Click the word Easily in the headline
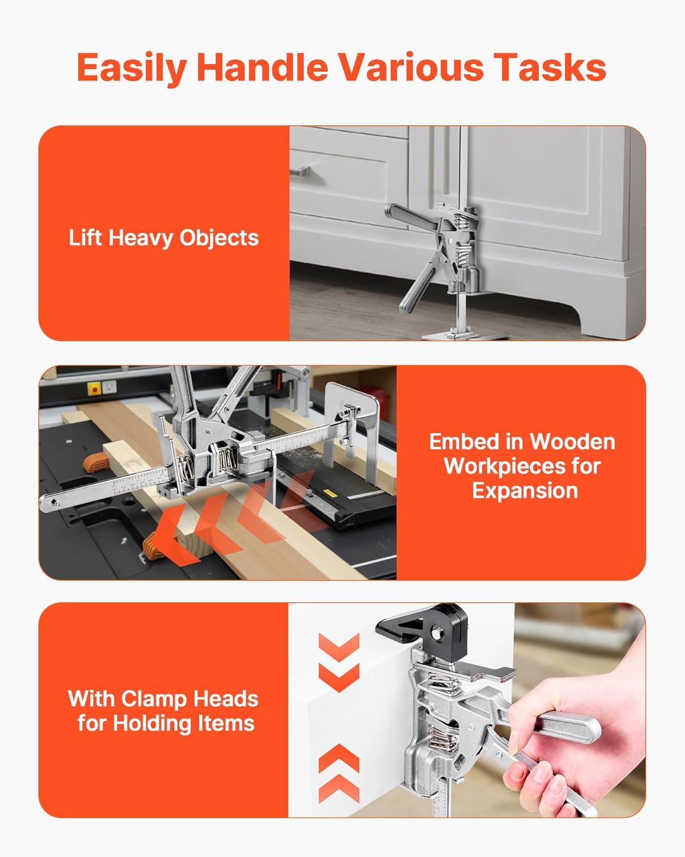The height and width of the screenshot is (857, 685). [x=132, y=67]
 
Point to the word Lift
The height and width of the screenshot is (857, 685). [x=86, y=238]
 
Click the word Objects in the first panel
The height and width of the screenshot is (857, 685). [x=219, y=239]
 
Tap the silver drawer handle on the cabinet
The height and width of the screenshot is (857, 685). [x=299, y=171]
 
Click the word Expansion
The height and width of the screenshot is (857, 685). [x=525, y=491]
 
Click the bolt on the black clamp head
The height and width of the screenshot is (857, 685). [x=437, y=632]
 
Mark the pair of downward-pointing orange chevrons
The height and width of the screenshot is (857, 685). [x=339, y=662]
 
